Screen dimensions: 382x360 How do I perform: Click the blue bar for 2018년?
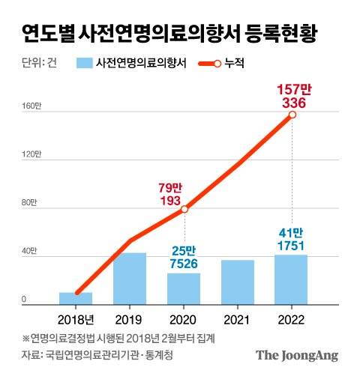(x=76, y=298)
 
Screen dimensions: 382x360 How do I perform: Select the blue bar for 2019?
(x=130, y=279)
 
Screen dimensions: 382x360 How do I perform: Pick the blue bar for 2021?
(x=238, y=282)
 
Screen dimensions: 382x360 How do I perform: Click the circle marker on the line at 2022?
(x=292, y=115)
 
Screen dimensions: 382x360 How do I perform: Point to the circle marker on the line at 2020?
(x=184, y=210)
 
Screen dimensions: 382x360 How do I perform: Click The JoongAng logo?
(x=297, y=355)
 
